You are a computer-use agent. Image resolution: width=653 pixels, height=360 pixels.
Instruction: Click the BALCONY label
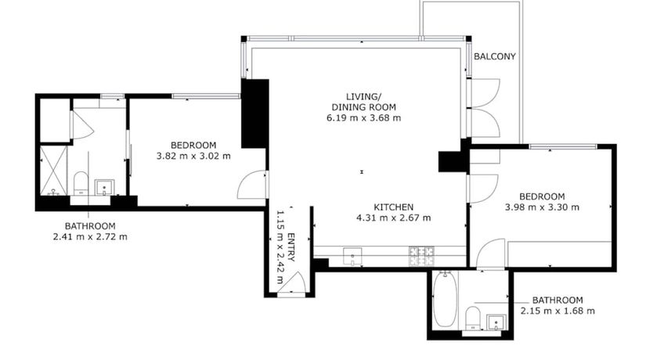coord(495,56)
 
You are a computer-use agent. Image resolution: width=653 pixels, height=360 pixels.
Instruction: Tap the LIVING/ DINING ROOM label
coord(363,102)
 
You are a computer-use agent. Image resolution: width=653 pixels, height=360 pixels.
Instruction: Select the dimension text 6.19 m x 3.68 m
coord(363,117)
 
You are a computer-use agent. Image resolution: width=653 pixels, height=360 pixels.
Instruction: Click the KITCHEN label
coord(394,207)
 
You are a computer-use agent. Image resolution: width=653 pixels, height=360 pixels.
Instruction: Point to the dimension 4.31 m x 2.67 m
coord(394,218)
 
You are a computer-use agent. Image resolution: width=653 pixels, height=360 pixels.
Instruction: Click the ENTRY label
coord(291,247)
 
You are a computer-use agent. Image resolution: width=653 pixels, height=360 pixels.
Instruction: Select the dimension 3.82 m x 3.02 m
coord(193,156)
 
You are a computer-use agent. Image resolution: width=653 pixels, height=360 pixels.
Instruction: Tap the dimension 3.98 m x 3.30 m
coord(542,207)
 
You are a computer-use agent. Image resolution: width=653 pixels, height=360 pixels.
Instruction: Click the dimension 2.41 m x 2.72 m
coord(90,237)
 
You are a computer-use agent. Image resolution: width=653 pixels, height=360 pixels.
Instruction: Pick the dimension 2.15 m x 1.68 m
coord(557,311)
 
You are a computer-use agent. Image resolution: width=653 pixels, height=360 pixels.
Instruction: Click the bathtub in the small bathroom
coord(445,299)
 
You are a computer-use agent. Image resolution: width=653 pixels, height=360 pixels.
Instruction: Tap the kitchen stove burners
coord(422,256)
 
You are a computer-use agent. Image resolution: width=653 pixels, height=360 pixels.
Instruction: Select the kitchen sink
coord(352,256)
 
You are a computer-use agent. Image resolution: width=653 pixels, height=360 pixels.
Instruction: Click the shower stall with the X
coord(53,171)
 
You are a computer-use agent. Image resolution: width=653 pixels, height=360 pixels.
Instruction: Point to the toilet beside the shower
coord(81,183)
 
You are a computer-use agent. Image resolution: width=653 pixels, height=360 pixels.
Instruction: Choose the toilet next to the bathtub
coord(473,318)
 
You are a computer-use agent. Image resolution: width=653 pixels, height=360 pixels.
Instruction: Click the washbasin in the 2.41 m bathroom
coord(104,187)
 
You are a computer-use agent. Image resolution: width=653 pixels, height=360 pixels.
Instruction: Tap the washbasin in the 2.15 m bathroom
coord(496,322)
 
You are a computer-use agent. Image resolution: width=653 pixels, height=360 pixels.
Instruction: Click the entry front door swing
coord(294,283)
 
